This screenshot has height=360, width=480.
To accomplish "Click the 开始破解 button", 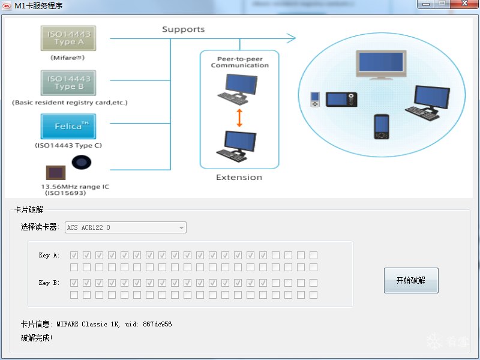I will pyautogui.click(x=411, y=280).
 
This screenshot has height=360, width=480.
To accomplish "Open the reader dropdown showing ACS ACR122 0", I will pyautogui.click(x=125, y=227).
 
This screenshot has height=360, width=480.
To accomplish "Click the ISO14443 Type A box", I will pyautogui.click(x=68, y=38).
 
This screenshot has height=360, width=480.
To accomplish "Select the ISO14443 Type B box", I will pyautogui.click(x=68, y=83).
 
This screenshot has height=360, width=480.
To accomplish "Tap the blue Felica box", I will pyautogui.click(x=68, y=126).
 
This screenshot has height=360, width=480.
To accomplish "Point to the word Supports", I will pyautogui.click(x=183, y=29).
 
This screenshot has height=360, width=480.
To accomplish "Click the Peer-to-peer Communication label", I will pyautogui.click(x=239, y=62).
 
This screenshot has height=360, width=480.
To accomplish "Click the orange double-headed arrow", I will pyautogui.click(x=239, y=118).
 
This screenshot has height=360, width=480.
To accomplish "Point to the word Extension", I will pyautogui.click(x=239, y=178).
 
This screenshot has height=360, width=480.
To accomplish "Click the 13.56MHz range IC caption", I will pyautogui.click(x=75, y=187).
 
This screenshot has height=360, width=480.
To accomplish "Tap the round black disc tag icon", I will pyautogui.click(x=82, y=162).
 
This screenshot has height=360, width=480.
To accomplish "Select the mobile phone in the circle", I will pyautogui.click(x=381, y=126).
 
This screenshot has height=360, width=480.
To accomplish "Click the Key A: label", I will pyautogui.click(x=49, y=256).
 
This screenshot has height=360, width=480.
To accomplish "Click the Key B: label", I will pyautogui.click(x=49, y=283).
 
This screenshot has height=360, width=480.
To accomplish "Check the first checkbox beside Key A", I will pyautogui.click(x=74, y=255).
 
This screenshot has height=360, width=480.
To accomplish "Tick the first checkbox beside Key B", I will pyautogui.click(x=74, y=283).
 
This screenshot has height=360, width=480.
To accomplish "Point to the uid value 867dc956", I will pyautogui.click(x=157, y=324).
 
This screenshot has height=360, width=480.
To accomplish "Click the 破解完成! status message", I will pyautogui.click(x=37, y=338).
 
